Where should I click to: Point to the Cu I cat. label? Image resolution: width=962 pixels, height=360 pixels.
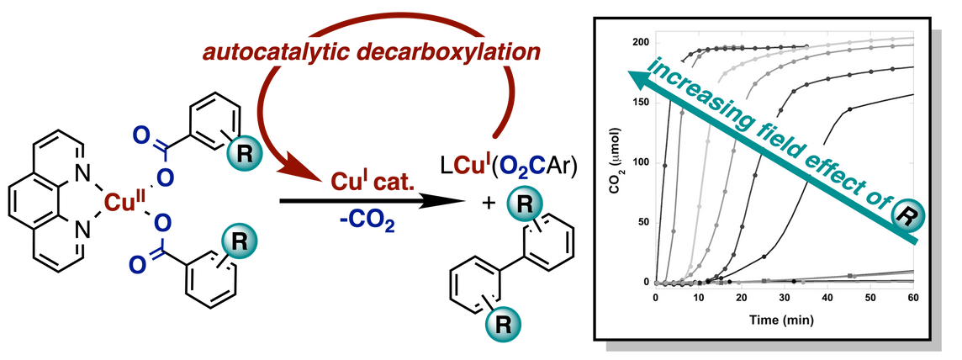point(364,183)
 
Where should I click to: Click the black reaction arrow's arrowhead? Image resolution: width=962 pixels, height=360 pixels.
point(451,202)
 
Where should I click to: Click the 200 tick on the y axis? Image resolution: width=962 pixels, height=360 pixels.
point(642,42)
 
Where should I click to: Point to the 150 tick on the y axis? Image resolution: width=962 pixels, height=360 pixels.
point(642,103)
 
